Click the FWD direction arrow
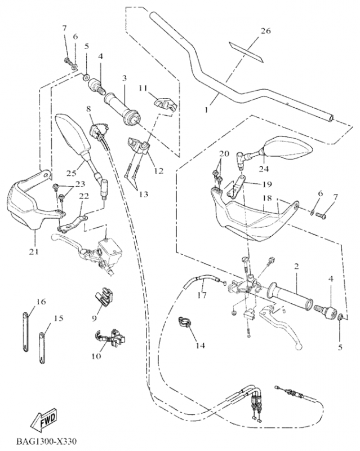(43, 420)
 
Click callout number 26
(265, 30)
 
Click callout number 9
(95, 317)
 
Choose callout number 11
(143, 88)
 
